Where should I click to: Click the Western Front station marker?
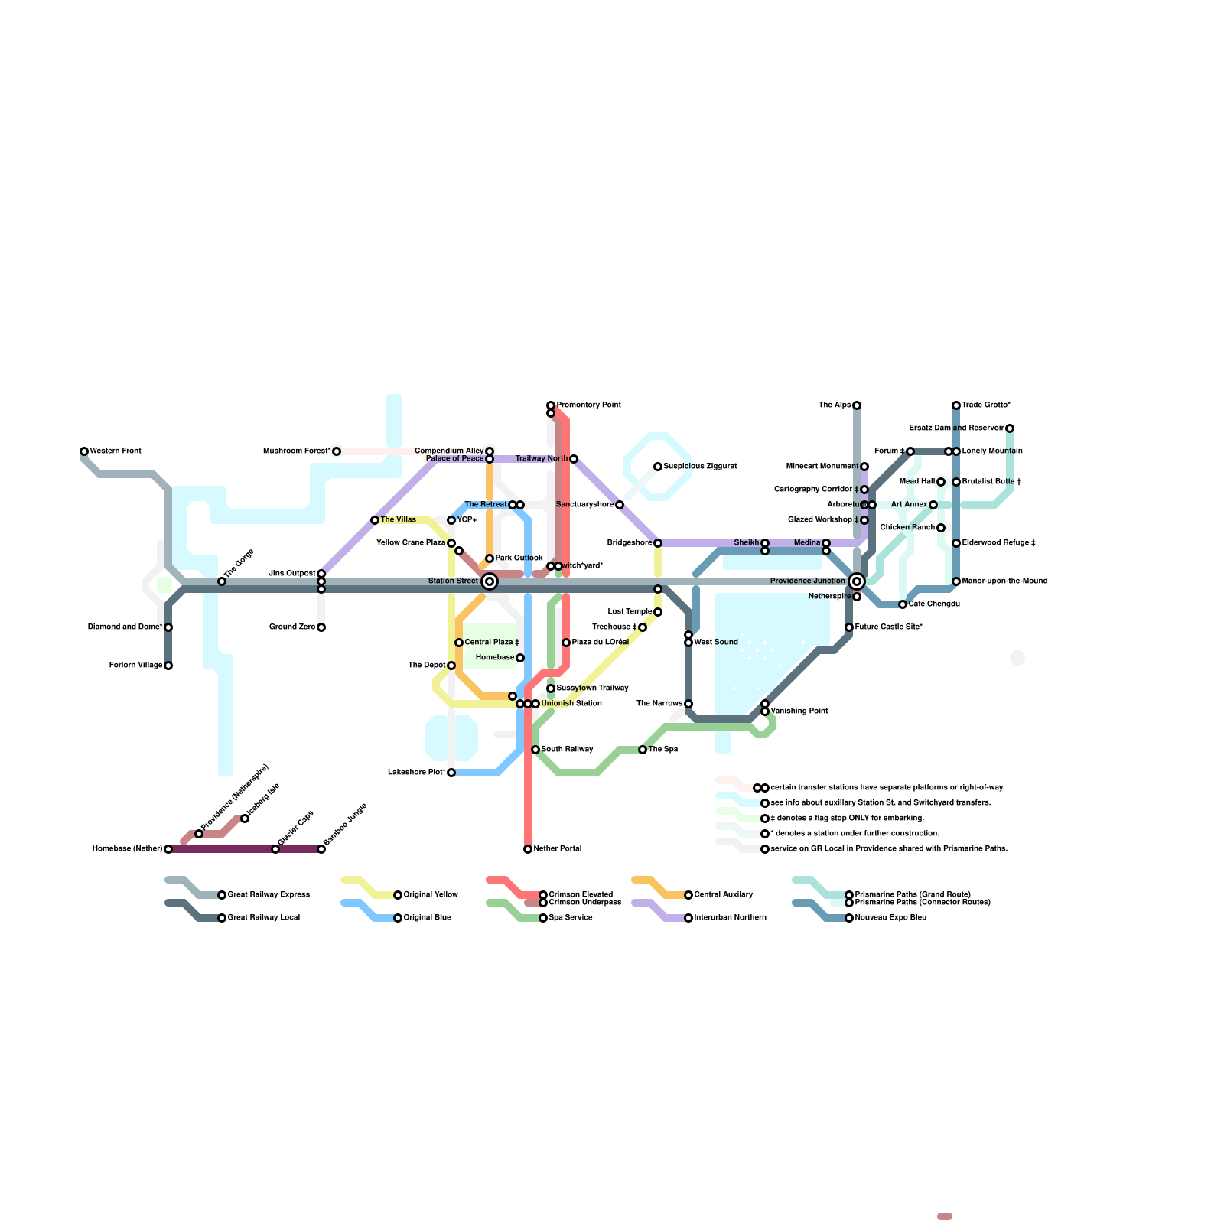point(84,451)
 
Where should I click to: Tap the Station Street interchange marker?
point(490,581)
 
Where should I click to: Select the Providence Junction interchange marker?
point(857,581)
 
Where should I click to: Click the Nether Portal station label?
point(558,849)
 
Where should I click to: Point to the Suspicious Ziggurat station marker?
point(658,467)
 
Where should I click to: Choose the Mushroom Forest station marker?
point(337,451)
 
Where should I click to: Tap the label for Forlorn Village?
point(135,666)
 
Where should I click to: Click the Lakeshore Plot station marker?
point(451,773)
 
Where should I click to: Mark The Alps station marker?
point(857,405)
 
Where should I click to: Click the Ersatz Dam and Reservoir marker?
point(1010,428)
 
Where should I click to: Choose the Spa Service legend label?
point(571,918)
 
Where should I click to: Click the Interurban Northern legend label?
point(730,918)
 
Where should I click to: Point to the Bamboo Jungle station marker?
point(321,849)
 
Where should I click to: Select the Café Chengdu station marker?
point(903,604)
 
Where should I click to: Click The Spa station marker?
point(643,750)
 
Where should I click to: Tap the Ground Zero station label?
point(292,627)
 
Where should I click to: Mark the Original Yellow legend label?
point(431,895)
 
